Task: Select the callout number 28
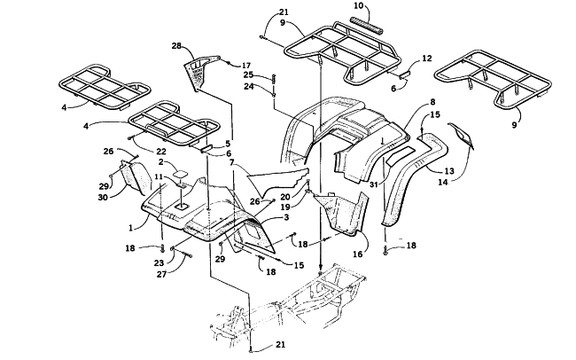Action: pos(176,46)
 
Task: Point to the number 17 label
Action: pos(246,66)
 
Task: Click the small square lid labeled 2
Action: pos(181,172)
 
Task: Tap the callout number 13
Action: pos(449,171)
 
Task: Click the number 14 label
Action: pos(443,182)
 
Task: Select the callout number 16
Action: pos(357,254)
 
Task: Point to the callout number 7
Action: pos(231,162)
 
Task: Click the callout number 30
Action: pos(103,198)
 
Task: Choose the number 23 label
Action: pos(159,263)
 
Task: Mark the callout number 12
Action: pos(427,59)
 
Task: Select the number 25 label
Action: pos(249,75)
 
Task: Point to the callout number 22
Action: pos(161,151)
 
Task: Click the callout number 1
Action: pos(130,228)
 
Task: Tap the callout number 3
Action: pos(286,217)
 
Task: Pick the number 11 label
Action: pos(159,176)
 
